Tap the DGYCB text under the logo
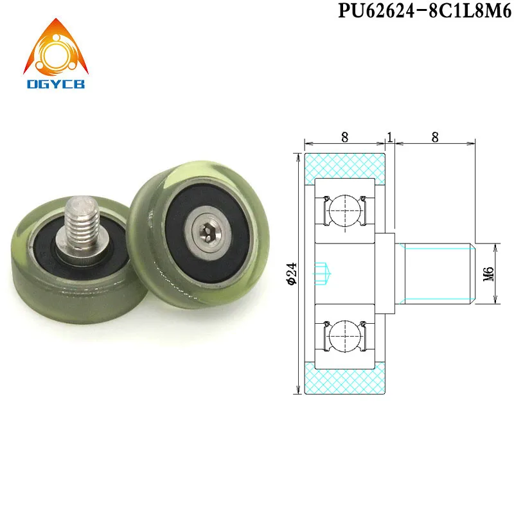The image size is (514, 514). pos(56,84)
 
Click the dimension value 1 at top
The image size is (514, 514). pos(389,136)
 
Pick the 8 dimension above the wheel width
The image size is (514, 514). pos(344,136)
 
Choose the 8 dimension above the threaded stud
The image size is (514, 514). pos(435,136)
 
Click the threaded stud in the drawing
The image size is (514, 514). pos(434,273)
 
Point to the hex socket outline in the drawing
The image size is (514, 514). pos(324,274)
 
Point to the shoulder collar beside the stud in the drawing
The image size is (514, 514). pos(385,273)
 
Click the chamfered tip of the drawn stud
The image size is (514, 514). pos(472,273)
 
